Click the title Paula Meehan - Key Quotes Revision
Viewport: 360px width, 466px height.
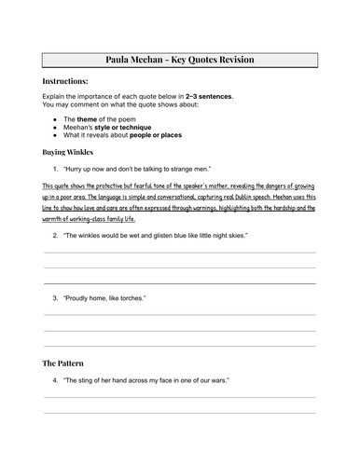pos(180,61)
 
